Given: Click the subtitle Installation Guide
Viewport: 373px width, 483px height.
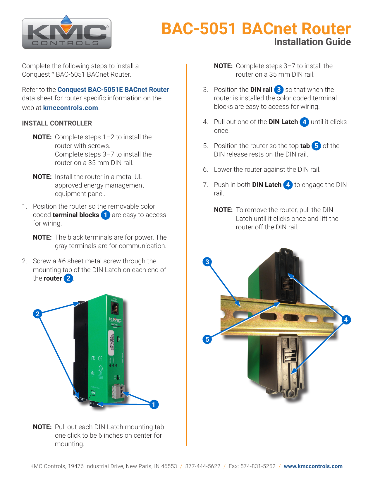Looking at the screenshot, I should point(312,42).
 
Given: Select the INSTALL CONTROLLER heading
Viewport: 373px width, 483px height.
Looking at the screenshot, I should point(57,123).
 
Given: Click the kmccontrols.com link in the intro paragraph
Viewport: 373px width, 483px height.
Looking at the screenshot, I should point(71,108).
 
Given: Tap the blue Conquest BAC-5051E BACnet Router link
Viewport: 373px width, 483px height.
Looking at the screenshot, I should point(113,90).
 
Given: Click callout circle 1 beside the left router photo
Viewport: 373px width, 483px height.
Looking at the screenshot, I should point(154,405).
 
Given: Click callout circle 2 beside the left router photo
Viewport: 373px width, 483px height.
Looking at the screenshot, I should point(37,314).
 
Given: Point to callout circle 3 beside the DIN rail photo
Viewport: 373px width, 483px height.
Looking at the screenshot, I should point(207,262).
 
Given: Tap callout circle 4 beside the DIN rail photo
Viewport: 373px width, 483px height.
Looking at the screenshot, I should point(346,319).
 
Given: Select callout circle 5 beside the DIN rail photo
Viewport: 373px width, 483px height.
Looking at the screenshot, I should point(207,339).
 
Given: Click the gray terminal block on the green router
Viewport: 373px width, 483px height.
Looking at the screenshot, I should point(117,391).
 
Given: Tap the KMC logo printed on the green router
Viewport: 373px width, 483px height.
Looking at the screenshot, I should point(115,320).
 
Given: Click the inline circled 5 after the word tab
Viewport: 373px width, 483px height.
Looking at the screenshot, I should point(316,146).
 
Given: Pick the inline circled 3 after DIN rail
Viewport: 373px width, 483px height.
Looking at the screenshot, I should point(279,90).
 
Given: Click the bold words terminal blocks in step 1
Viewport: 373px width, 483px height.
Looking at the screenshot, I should point(76,215).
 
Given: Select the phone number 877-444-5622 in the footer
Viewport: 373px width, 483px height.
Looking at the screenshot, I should point(203,466).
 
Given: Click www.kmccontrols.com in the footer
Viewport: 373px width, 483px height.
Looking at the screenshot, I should point(313,466).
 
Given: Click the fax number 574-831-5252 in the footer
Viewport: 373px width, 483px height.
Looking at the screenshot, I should point(258,466).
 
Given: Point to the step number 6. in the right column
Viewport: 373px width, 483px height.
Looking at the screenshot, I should point(206,170).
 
